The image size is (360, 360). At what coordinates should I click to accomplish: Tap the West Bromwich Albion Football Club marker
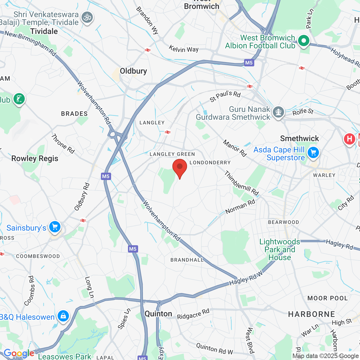[x=303, y=41]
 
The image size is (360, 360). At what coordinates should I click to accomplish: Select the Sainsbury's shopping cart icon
[x=55, y=227]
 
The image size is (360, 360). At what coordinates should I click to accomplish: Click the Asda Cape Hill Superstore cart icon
[x=313, y=153]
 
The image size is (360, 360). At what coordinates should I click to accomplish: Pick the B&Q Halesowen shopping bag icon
[x=63, y=316]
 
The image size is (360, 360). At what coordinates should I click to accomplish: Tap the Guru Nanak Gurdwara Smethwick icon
[x=278, y=112]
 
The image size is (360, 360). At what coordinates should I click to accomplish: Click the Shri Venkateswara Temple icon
[x=87, y=17]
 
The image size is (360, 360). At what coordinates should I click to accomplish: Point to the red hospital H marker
[x=349, y=139]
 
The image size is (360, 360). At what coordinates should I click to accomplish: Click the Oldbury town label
[x=133, y=71]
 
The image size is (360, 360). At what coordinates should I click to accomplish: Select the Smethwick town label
[x=300, y=138]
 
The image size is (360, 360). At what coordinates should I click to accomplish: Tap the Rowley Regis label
[x=35, y=159]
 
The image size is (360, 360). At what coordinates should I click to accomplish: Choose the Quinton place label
[x=158, y=314]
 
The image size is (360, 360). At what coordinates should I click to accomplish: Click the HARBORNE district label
[x=312, y=314]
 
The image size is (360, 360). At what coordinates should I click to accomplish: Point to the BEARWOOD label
[x=283, y=222]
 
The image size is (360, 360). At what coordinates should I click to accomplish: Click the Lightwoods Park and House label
[x=280, y=249]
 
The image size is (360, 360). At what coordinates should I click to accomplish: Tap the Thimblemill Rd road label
[x=241, y=183]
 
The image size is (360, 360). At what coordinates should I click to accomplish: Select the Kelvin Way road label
[x=184, y=49]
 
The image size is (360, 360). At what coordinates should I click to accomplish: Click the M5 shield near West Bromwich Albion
[x=249, y=63]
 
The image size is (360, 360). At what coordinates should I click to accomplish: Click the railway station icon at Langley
[x=168, y=132]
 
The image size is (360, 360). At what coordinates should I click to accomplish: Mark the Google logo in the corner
[x=19, y=353]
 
